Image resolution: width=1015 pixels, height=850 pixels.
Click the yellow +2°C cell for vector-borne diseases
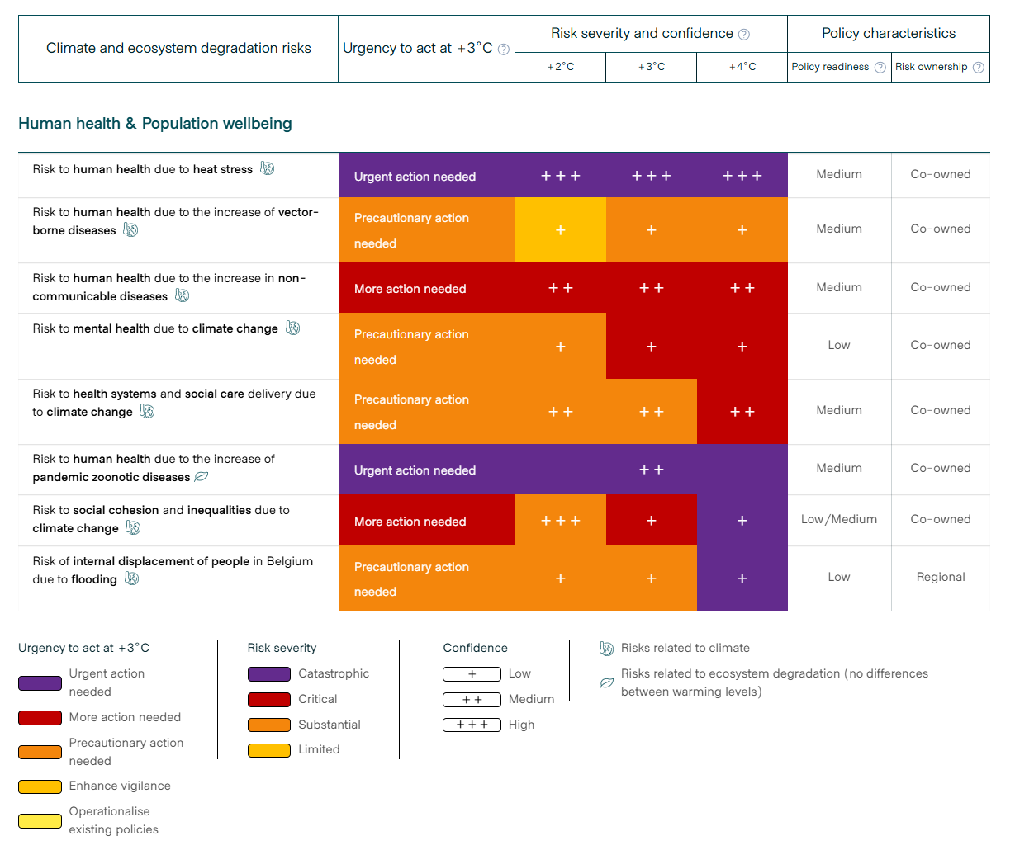pyautogui.click(x=560, y=230)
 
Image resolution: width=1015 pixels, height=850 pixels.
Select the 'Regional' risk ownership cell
pyautogui.click(x=940, y=577)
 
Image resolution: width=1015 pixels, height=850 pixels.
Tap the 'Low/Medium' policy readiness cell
pyautogui.click(x=838, y=519)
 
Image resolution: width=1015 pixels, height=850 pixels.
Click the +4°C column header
pyautogui.click(x=742, y=67)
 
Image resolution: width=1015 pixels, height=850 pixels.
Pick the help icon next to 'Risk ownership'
pyautogui.click(x=979, y=68)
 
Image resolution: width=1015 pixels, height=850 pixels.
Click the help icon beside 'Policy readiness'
pyautogui.click(x=880, y=68)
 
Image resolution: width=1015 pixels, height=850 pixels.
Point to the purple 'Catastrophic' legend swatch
pyautogui.click(x=269, y=674)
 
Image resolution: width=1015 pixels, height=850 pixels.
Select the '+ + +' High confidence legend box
pyautogui.click(x=472, y=725)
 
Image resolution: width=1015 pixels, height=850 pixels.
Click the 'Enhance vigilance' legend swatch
pyautogui.click(x=40, y=786)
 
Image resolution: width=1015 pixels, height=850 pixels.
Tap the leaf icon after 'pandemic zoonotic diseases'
pyautogui.click(x=201, y=477)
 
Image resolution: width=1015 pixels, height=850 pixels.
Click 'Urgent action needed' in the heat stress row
pyautogui.click(x=415, y=177)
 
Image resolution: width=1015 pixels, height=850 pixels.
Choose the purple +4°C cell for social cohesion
pyautogui.click(x=742, y=521)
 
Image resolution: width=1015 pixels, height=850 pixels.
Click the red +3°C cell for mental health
pyautogui.click(x=651, y=347)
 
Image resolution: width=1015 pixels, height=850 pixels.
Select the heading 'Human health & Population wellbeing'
pyautogui.click(x=155, y=124)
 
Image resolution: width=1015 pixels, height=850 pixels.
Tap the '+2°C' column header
pyautogui.click(x=560, y=67)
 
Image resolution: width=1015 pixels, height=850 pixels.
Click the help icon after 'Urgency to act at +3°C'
pyautogui.click(x=503, y=50)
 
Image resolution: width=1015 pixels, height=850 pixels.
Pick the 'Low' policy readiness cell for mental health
pyautogui.click(x=838, y=345)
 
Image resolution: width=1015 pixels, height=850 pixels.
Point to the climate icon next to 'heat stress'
pyautogui.click(x=267, y=168)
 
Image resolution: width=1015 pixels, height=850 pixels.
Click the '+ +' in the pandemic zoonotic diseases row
pyautogui.click(x=651, y=470)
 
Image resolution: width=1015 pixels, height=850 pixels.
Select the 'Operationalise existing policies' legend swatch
pyautogui.click(x=40, y=820)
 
